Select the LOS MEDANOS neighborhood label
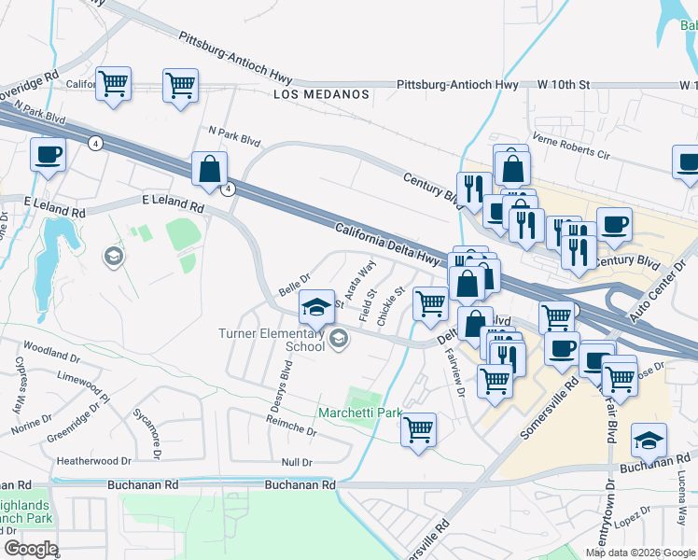321,94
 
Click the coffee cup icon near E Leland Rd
48,156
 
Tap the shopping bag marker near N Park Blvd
210,170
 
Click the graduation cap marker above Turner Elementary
316,306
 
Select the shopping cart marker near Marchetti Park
419,430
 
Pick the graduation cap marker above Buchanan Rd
649,440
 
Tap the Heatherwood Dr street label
94,461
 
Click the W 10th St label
565,84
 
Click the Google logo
31,548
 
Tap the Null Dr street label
296,463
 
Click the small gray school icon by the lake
114,256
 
